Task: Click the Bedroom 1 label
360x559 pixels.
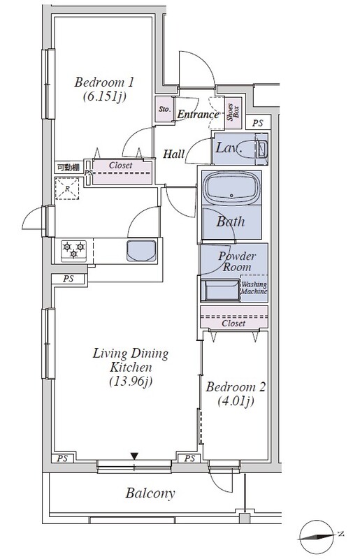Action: [104, 89]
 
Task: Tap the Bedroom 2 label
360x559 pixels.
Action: [236, 394]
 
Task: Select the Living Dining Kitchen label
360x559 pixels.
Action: [131, 367]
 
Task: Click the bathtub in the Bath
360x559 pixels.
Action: [231, 188]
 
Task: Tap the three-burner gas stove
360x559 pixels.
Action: [73, 250]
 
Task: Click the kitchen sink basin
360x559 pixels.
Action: [142, 251]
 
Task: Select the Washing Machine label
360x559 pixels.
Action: [254, 288]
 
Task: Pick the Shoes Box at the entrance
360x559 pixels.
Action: [233, 112]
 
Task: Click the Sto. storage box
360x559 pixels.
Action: [164, 109]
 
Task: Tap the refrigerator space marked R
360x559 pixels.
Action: [67, 189]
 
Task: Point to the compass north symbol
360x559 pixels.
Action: [317, 536]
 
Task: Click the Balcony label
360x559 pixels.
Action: [150, 493]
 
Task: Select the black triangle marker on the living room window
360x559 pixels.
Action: [134, 456]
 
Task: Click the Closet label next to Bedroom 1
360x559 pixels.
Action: [121, 166]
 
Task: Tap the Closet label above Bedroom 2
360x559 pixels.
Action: [233, 323]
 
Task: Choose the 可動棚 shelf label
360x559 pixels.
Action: [68, 167]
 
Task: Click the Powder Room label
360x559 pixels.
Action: [237, 261]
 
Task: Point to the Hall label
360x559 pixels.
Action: [174, 154]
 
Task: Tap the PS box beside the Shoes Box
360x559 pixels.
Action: [258, 123]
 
